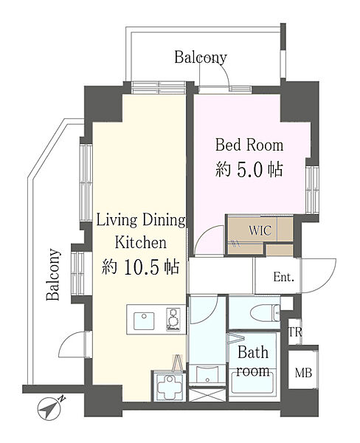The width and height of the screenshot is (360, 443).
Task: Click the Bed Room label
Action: pos(249,145)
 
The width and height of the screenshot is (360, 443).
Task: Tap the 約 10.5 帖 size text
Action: pos(141,267)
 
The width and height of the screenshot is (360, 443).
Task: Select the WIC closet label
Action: pos(260,230)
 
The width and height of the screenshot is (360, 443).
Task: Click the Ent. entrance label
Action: pos(284,277)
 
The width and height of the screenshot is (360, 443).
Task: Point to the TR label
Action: pos(295,332)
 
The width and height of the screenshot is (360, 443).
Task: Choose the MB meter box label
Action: pos(303,373)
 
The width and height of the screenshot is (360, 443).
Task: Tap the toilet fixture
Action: pos(265,313)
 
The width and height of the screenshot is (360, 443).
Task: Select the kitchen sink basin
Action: pos(144,320)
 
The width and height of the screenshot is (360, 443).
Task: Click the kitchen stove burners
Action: pos(172,319)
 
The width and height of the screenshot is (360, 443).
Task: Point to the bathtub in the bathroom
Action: pos(253,382)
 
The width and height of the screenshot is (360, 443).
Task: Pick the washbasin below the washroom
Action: pos(208,374)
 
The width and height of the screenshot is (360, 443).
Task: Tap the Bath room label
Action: pos(253,361)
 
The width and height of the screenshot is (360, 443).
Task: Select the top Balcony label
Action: pos(201,58)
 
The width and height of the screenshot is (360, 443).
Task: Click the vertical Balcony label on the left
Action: pos(53,274)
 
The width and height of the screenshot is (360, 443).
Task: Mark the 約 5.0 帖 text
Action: pos(249,170)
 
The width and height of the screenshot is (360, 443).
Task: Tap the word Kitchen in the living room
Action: pos(141,242)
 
